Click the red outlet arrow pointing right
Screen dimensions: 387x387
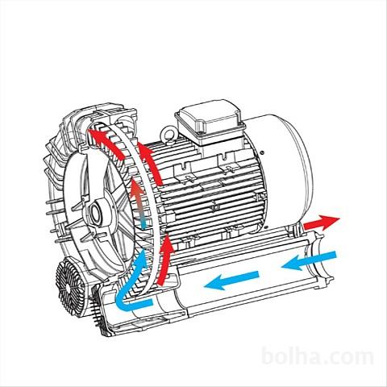pyautogui.click(x=321, y=223)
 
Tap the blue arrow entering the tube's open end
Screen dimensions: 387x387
pyautogui.click(x=309, y=260)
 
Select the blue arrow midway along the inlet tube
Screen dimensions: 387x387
pyautogui.click(x=231, y=281)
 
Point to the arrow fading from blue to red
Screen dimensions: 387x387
pyautogui.click(x=139, y=203)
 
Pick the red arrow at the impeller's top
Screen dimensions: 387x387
pyautogui.click(x=107, y=143)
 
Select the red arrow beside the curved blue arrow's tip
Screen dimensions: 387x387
pyautogui.click(x=165, y=260)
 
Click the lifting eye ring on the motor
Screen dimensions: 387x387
pyautogui.click(x=167, y=134)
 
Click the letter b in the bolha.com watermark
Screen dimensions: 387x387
pyautogui.click(x=268, y=356)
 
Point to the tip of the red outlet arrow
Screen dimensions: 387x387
pyautogui.click(x=339, y=219)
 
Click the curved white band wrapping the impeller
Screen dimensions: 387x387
pyautogui.click(x=146, y=172)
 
